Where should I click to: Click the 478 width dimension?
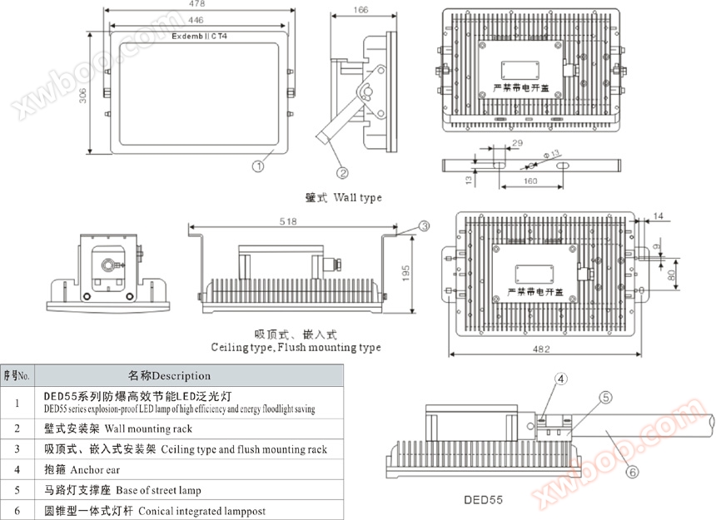click(197, 4)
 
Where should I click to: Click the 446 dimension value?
click(196, 18)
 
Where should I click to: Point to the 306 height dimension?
click(84, 96)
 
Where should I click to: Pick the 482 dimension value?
click(542, 349)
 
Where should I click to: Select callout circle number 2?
click(341, 173)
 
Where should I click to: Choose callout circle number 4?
click(561, 379)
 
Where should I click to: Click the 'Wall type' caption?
click(343, 198)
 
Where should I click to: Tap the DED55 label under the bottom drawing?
click(486, 501)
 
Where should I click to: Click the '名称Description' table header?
click(169, 375)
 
